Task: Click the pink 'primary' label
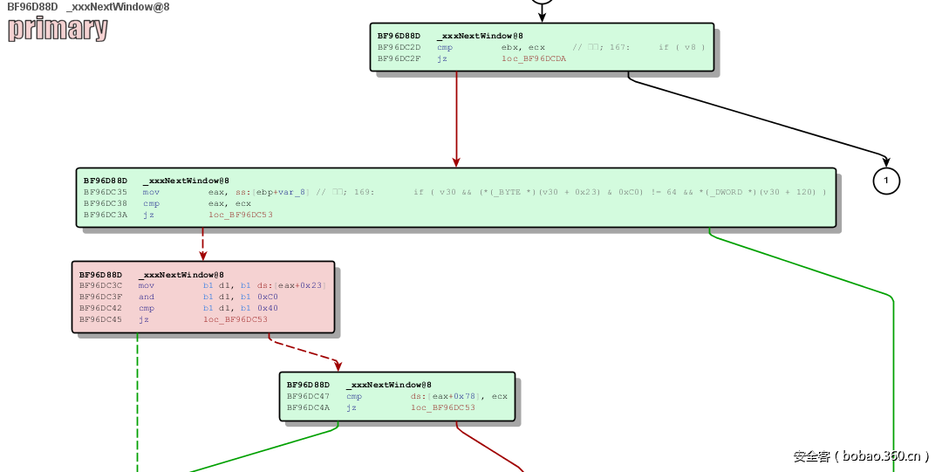58,29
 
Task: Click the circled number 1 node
886,181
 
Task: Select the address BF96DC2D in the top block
399,47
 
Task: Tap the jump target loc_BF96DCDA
534,58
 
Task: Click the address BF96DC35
105,192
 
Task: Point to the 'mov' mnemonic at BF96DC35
151,192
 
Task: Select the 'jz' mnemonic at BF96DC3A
148,214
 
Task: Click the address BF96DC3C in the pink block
100,285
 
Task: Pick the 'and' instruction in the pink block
146,297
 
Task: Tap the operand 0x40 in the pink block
268,308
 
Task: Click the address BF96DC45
100,319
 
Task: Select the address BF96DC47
308,396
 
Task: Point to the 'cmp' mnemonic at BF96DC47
353,396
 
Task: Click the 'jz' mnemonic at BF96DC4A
351,407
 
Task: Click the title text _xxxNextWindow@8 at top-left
118,7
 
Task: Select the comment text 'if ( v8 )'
681,47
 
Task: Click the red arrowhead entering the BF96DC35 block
456,161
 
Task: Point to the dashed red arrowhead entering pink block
203,256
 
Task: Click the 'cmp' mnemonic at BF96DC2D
445,47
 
